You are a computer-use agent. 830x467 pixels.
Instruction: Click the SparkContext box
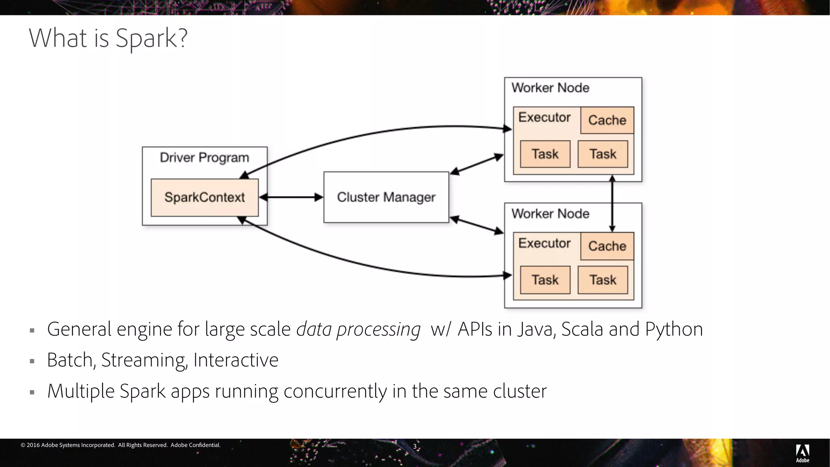[205, 197]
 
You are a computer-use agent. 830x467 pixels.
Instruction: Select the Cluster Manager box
[386, 197]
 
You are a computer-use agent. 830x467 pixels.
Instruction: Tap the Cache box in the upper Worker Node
[607, 120]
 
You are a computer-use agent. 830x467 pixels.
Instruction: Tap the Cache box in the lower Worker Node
[607, 246]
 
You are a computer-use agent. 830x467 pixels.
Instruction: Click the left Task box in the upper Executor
[545, 154]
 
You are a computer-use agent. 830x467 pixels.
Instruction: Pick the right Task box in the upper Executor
[603, 154]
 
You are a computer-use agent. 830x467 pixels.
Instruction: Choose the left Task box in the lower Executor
[545, 280]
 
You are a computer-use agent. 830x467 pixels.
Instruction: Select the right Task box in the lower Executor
[603, 280]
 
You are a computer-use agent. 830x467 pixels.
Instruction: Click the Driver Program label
[204, 158]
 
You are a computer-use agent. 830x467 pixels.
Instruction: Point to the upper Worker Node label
[550, 88]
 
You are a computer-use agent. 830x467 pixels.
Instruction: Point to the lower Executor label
[544, 243]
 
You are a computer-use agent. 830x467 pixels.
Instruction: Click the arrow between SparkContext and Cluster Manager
[291, 197]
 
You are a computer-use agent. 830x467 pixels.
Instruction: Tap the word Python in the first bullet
[674, 329]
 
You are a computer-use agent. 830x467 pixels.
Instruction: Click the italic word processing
[378, 329]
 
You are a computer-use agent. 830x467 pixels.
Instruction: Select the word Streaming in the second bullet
[144, 360]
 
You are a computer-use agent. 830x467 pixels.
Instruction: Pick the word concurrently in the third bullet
[335, 391]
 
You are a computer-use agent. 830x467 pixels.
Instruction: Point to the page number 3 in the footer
[414, 446]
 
